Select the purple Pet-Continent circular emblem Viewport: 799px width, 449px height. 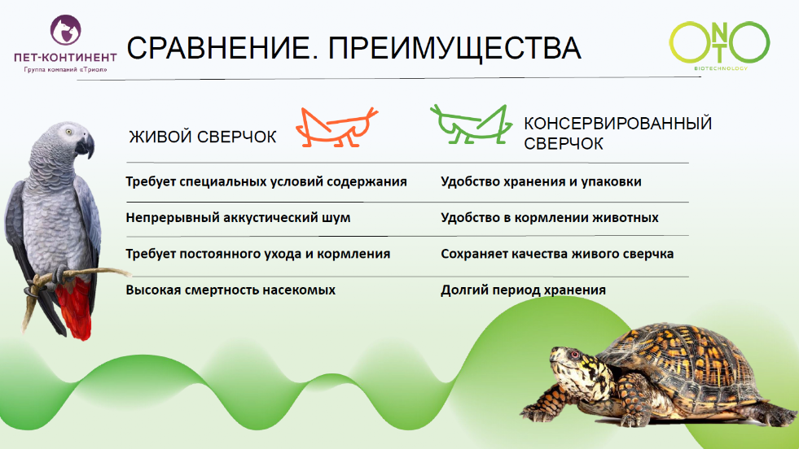65,31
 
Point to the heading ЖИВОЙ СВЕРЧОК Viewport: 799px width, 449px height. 203,137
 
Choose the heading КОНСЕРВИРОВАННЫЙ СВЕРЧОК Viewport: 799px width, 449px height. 617,133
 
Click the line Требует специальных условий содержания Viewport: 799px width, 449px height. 266,181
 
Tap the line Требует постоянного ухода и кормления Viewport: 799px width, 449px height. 258,254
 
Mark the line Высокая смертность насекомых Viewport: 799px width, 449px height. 230,290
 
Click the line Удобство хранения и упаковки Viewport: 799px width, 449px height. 541,181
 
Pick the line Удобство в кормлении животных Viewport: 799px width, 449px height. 550,218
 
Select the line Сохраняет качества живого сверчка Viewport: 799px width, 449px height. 557,254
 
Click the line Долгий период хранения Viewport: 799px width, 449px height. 523,290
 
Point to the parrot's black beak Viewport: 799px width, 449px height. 86,146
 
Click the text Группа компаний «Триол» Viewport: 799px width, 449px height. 65,70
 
